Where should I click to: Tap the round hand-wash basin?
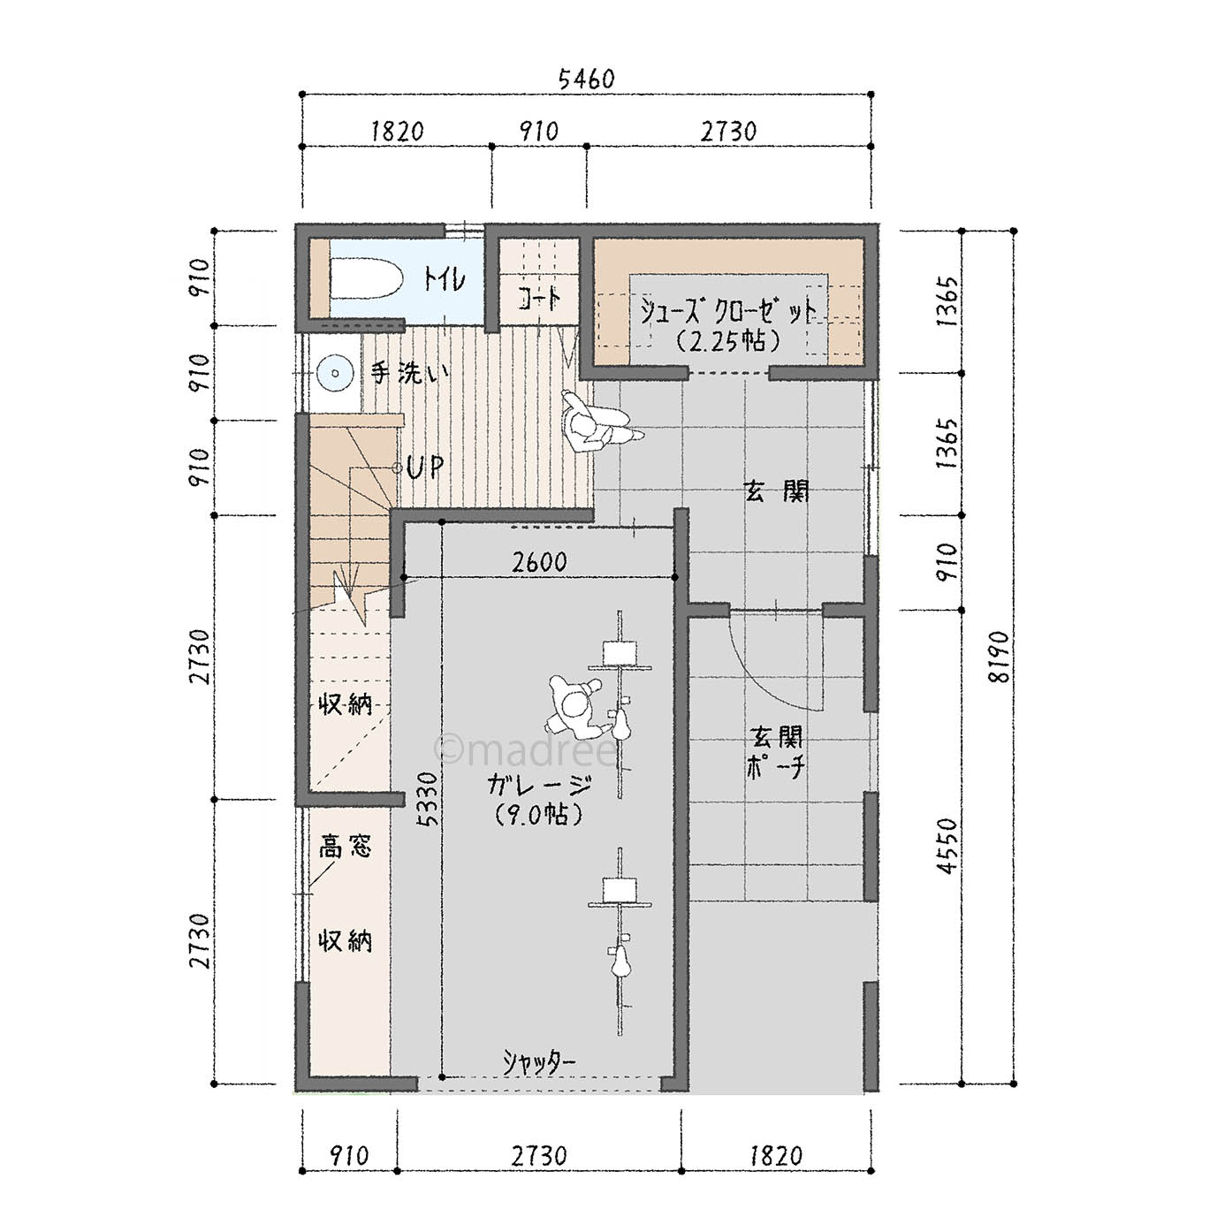334,373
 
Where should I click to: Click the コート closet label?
539,299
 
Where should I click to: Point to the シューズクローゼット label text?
728,311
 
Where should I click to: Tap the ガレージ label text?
540,785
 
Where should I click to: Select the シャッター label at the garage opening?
538,1062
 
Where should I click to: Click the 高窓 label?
346,847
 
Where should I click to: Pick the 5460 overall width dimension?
586,80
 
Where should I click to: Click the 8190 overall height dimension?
999,657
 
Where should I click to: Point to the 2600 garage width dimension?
539,562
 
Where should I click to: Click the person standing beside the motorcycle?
574,706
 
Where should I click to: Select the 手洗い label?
409,373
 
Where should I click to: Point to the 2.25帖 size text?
728,340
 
